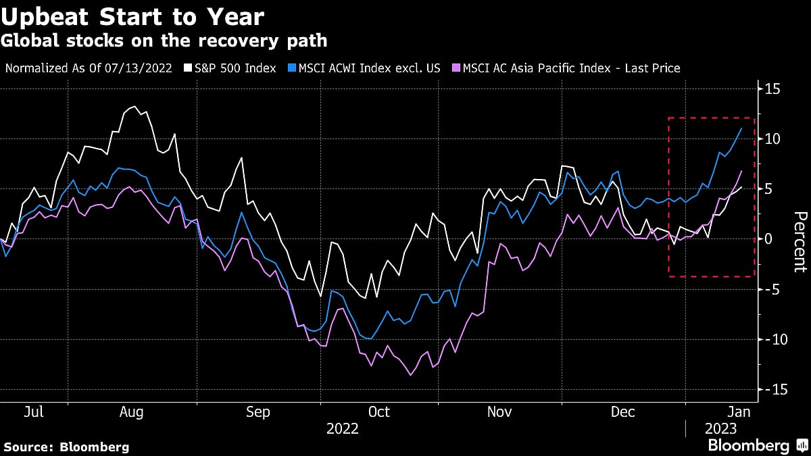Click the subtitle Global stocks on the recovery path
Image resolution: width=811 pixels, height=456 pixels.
pyautogui.click(x=164, y=42)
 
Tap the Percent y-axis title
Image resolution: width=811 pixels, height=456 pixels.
pyautogui.click(x=799, y=242)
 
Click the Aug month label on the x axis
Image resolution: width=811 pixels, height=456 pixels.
pyautogui.click(x=131, y=412)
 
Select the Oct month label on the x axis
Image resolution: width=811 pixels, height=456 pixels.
pyautogui.click(x=378, y=412)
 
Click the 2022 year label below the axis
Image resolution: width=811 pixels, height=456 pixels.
pyautogui.click(x=342, y=429)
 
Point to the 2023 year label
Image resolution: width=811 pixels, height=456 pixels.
pyautogui.click(x=720, y=429)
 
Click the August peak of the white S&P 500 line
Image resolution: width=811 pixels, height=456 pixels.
pyautogui.click(x=133, y=107)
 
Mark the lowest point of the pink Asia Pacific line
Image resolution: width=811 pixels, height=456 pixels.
pyautogui.click(x=410, y=375)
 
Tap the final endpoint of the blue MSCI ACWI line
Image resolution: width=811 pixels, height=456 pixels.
pyautogui.click(x=741, y=128)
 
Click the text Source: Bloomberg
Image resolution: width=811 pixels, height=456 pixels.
pyautogui.click(x=66, y=447)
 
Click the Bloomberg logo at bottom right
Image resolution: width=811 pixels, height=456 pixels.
pyautogui.click(x=757, y=445)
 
